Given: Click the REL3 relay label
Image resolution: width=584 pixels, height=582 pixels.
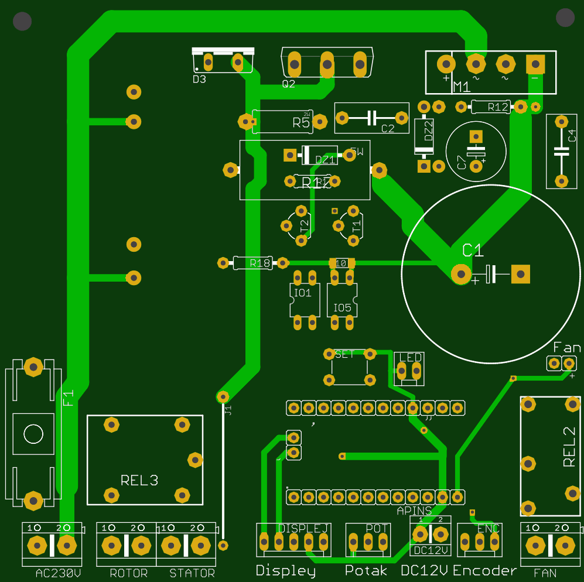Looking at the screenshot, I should (139, 480).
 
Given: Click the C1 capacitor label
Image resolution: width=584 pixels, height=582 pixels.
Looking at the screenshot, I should (473, 251).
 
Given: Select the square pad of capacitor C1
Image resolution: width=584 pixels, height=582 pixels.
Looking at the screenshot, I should (520, 273).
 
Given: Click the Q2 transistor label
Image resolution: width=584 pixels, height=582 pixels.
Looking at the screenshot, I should (289, 84).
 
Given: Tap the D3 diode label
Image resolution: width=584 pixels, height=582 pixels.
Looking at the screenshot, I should (199, 79).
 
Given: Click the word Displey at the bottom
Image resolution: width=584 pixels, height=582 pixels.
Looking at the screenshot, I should (285, 570).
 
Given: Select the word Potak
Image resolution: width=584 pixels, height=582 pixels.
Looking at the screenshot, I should (366, 570).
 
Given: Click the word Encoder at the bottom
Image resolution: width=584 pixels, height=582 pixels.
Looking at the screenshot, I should (485, 570).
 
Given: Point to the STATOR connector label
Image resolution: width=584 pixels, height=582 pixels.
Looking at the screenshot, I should (192, 573).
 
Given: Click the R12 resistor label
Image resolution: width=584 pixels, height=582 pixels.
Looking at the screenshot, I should (498, 107).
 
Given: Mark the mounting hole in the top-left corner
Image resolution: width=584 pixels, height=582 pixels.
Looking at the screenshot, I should (22, 22).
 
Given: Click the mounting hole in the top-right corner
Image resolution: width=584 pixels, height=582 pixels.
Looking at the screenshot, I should (565, 18).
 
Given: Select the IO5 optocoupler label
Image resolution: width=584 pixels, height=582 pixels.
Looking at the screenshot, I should (342, 307).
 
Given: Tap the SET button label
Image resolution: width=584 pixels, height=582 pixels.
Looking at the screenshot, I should (345, 354).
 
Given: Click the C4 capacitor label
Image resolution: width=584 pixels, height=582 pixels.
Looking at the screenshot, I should (572, 136).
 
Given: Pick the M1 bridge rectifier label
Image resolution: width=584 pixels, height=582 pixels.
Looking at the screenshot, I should (462, 88).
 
